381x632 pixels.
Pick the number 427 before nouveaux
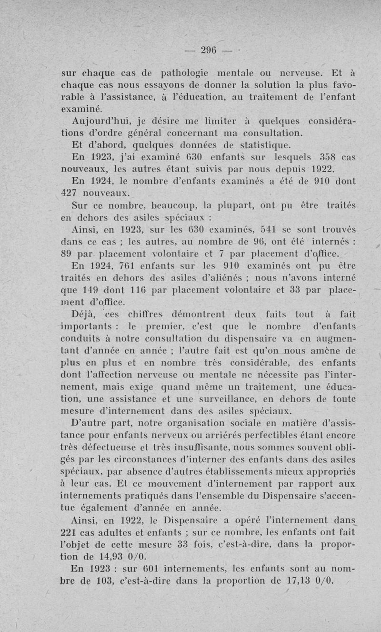point(72,193)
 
